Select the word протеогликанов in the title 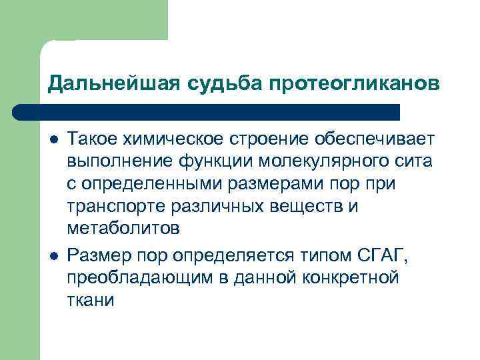tap(355, 85)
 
